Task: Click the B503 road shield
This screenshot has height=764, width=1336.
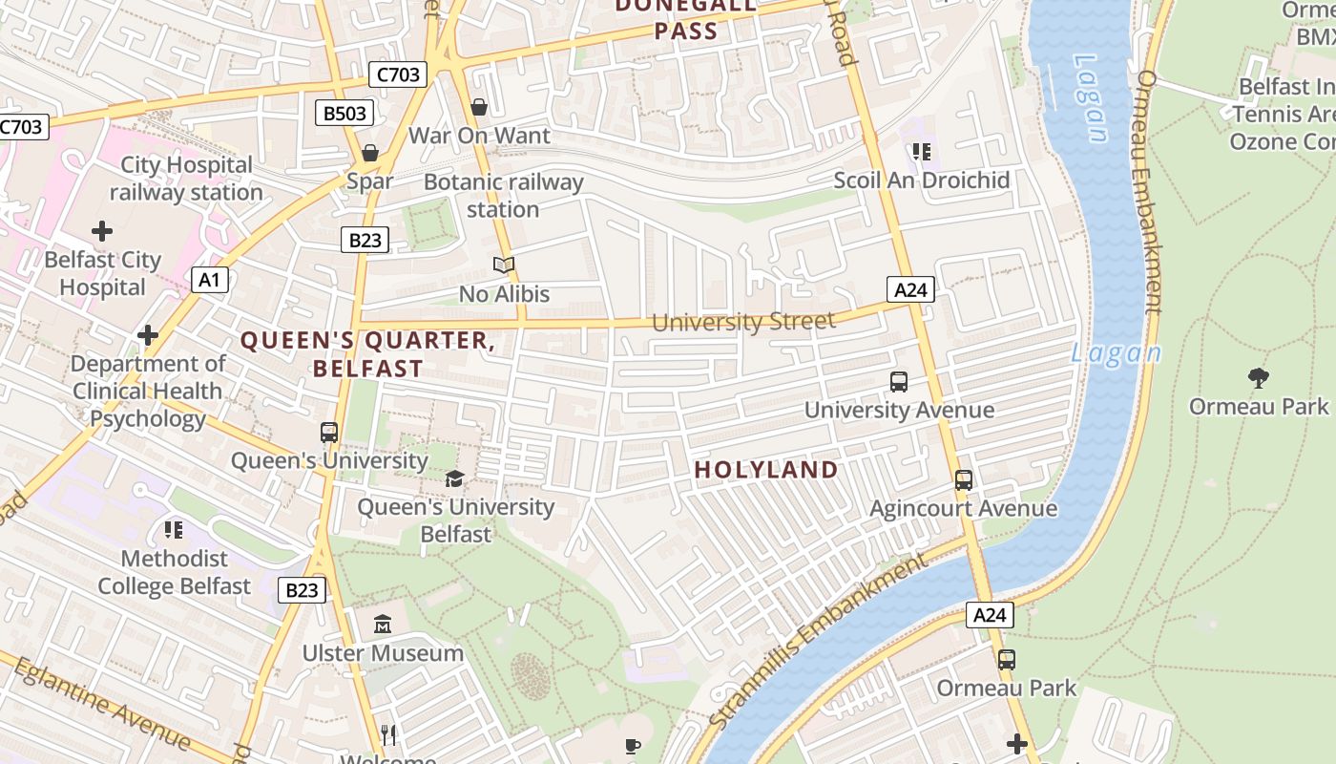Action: (x=344, y=114)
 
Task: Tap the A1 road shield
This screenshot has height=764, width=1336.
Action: (x=210, y=280)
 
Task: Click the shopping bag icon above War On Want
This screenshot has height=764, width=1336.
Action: (x=479, y=106)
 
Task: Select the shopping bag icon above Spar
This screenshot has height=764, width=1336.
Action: (x=370, y=152)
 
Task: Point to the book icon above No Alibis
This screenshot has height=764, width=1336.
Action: (x=504, y=265)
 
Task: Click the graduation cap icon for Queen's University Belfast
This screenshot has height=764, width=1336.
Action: (x=455, y=478)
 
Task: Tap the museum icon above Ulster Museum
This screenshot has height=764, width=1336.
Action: (x=383, y=625)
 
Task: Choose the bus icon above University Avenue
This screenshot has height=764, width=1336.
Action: (x=898, y=382)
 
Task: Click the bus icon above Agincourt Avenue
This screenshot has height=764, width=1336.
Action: (x=963, y=479)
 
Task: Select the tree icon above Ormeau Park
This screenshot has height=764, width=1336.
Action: (x=1258, y=377)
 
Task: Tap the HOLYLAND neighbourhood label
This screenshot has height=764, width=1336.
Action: (x=766, y=470)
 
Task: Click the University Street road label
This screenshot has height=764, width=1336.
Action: (x=743, y=322)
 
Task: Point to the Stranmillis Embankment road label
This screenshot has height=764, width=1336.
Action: (x=818, y=642)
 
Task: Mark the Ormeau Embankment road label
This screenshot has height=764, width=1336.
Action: (x=1152, y=191)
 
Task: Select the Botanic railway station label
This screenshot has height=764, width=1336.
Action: (x=503, y=195)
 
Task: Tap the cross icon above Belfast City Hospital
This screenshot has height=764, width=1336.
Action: (x=102, y=231)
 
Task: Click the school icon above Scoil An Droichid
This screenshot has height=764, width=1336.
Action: (x=921, y=152)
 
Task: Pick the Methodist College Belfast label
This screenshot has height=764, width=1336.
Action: (x=174, y=572)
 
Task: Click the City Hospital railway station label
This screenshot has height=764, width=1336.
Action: (x=186, y=179)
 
